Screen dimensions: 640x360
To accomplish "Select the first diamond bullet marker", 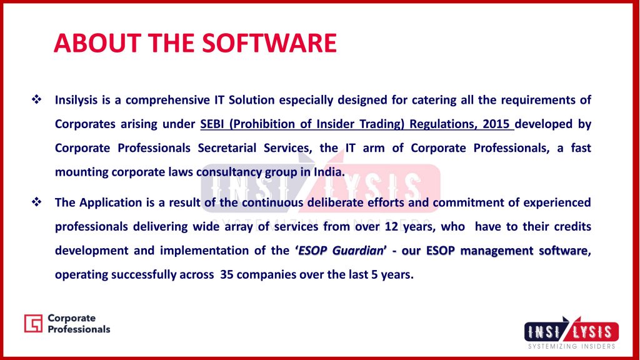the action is [x=37, y=99].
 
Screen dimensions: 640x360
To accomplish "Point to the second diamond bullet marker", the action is [x=37, y=202].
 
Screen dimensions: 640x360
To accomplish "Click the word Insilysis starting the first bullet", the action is [x=76, y=101].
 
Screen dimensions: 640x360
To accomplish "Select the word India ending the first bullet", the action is [x=329, y=172].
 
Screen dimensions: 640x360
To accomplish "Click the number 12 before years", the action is [x=391, y=226].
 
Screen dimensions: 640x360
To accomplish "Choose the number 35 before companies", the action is [x=226, y=274].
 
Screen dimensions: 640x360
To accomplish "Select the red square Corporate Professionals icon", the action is [x=33, y=323].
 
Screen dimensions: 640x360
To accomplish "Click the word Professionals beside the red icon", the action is [x=79, y=329].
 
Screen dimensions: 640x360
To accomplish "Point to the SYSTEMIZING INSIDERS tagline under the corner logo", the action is [x=571, y=346].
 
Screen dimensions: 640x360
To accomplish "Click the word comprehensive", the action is [x=167, y=101].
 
